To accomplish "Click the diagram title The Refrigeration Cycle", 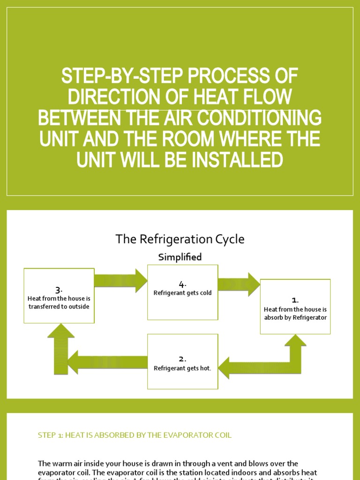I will [180, 240].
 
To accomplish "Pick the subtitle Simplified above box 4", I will [180, 257].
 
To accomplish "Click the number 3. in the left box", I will [59, 290].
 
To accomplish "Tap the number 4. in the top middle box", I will [183, 284].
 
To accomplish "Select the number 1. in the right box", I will [295, 300].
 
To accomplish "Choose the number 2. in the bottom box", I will [183, 359].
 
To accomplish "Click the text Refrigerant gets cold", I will [183, 293].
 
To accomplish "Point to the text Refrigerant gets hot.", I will [183, 368].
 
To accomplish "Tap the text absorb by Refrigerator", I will [295, 318].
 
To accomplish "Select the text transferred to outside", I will [59, 307].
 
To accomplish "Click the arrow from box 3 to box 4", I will [121, 281].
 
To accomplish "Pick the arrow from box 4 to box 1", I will [239, 285].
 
